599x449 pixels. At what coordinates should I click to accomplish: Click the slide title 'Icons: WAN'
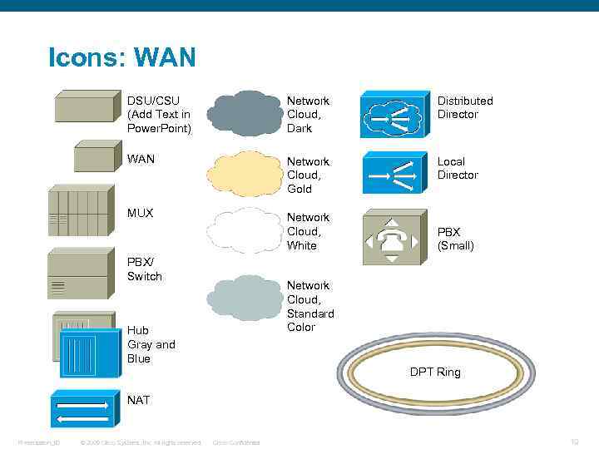(122, 57)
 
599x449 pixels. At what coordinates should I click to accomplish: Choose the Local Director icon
(396, 174)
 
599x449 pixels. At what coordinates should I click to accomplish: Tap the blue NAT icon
(81, 409)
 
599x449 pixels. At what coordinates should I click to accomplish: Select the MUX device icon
(80, 212)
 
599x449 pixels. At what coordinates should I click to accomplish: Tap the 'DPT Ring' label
(435, 372)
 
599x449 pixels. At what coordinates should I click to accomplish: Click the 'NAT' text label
(139, 400)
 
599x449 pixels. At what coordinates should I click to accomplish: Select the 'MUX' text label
(141, 213)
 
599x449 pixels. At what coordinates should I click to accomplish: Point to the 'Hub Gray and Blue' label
(151, 344)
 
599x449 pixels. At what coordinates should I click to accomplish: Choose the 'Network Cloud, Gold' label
(308, 175)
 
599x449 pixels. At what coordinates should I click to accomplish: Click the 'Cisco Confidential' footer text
(236, 442)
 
